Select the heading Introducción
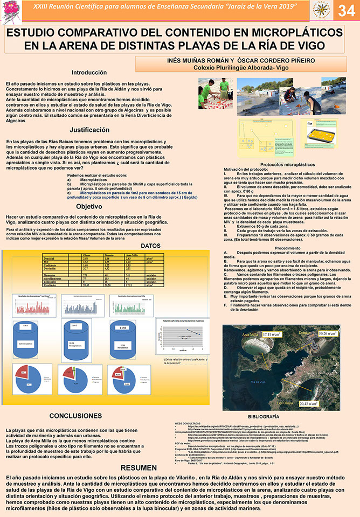click(89, 72)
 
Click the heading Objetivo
click(89, 206)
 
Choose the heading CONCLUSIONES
click(83, 416)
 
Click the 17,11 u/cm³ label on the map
click(265, 334)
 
